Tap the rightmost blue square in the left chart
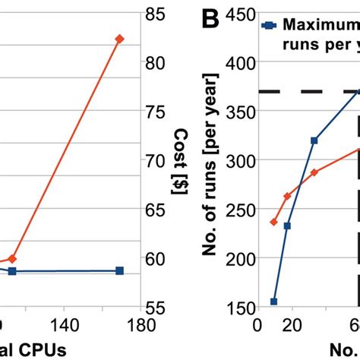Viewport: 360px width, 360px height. [x=119, y=270]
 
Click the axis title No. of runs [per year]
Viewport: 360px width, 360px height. [x=210, y=163]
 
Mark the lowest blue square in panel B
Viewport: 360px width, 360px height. [x=273, y=302]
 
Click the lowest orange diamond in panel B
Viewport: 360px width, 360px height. [x=273, y=222]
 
